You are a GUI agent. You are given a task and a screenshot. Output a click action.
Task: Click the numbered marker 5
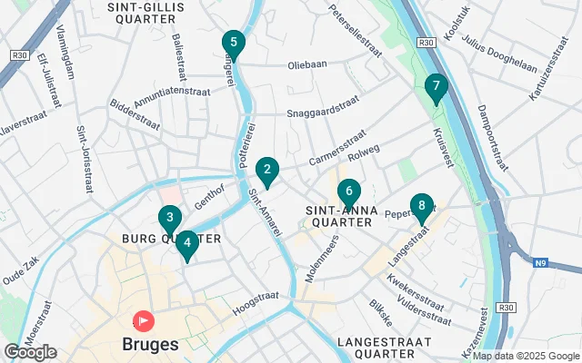point(234,43)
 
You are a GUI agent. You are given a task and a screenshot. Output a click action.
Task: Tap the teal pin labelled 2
point(266,169)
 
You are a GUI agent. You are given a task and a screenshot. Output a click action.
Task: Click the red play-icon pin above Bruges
point(144,321)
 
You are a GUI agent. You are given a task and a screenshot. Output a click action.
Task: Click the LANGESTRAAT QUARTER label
point(376,348)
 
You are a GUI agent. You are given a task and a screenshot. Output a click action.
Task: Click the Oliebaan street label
point(307,64)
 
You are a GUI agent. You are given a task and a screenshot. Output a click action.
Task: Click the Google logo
point(30,352)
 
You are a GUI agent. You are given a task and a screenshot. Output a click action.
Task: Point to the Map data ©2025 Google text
point(525,357)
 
